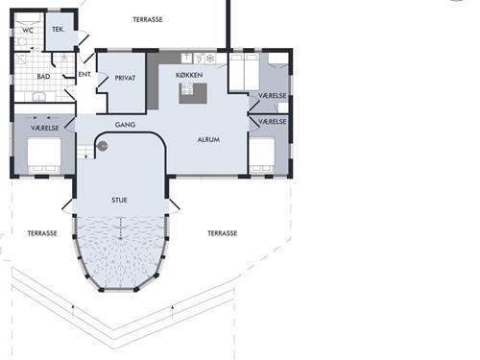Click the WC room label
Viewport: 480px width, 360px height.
(28, 31)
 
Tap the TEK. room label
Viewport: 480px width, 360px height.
(58, 30)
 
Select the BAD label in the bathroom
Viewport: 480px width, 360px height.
(43, 77)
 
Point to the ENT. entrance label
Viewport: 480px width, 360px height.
(84, 74)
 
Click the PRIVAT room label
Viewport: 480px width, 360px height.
(125, 78)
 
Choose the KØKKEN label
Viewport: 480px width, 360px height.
(189, 75)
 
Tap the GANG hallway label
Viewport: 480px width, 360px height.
(125, 125)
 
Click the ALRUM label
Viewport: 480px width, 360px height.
(208, 140)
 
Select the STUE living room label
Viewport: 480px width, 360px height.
(119, 201)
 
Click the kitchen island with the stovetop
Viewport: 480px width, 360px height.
(193, 93)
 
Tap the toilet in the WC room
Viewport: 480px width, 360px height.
(20, 42)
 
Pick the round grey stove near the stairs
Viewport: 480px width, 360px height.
(103, 146)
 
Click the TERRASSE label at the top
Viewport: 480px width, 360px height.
(148, 20)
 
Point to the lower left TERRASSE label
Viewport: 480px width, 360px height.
(42, 233)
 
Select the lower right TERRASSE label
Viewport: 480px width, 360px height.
(223, 233)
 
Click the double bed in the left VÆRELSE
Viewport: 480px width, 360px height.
(44, 156)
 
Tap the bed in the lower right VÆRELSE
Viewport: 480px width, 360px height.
(262, 156)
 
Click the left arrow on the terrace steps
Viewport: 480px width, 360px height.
(73, 311)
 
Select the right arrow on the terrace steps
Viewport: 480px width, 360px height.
(173, 312)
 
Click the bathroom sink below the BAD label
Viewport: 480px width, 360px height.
(38, 97)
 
